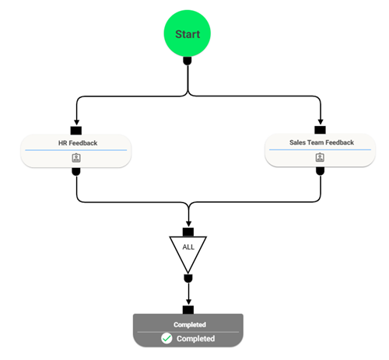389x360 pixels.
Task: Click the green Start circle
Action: click(x=187, y=34)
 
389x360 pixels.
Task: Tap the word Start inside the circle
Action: click(x=187, y=34)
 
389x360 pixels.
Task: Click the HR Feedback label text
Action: click(x=76, y=142)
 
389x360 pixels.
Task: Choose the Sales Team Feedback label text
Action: click(x=320, y=142)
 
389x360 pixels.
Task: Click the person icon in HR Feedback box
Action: click(x=76, y=157)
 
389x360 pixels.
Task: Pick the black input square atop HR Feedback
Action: click(x=76, y=130)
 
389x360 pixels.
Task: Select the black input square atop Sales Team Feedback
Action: click(x=320, y=129)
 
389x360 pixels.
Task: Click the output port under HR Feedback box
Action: click(x=76, y=171)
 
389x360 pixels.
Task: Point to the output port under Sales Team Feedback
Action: click(x=320, y=171)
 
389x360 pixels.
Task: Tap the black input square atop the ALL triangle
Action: click(x=187, y=232)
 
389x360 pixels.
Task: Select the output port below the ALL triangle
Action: click(x=187, y=278)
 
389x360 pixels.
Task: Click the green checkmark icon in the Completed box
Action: click(x=166, y=338)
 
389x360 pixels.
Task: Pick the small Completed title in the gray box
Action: click(x=189, y=324)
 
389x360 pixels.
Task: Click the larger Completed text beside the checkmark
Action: click(x=195, y=338)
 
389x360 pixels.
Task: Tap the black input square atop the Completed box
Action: click(x=187, y=309)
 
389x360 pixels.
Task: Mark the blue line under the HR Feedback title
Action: click(x=76, y=149)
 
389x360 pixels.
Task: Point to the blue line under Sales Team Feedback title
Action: click(x=320, y=149)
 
